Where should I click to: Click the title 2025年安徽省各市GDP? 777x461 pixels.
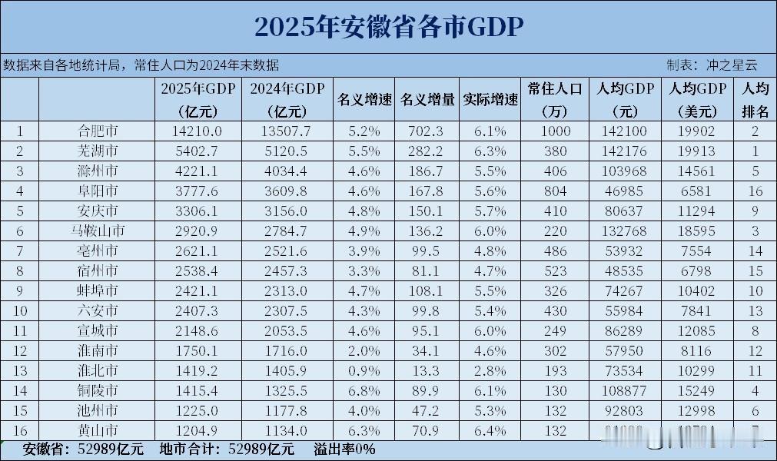click(x=388, y=27)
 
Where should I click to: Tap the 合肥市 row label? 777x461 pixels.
click(x=98, y=131)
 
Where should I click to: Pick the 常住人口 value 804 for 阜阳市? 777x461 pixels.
click(x=556, y=191)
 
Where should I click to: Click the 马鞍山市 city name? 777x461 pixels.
click(x=98, y=230)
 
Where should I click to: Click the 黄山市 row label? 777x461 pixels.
click(x=98, y=430)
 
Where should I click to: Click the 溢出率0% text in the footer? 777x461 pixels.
click(x=344, y=449)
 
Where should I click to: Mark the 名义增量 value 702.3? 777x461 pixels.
click(x=427, y=131)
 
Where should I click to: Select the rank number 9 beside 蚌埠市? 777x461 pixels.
click(x=19, y=290)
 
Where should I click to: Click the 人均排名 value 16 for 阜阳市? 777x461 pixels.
click(x=755, y=191)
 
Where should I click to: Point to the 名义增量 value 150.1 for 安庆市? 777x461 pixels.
click(x=427, y=211)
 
